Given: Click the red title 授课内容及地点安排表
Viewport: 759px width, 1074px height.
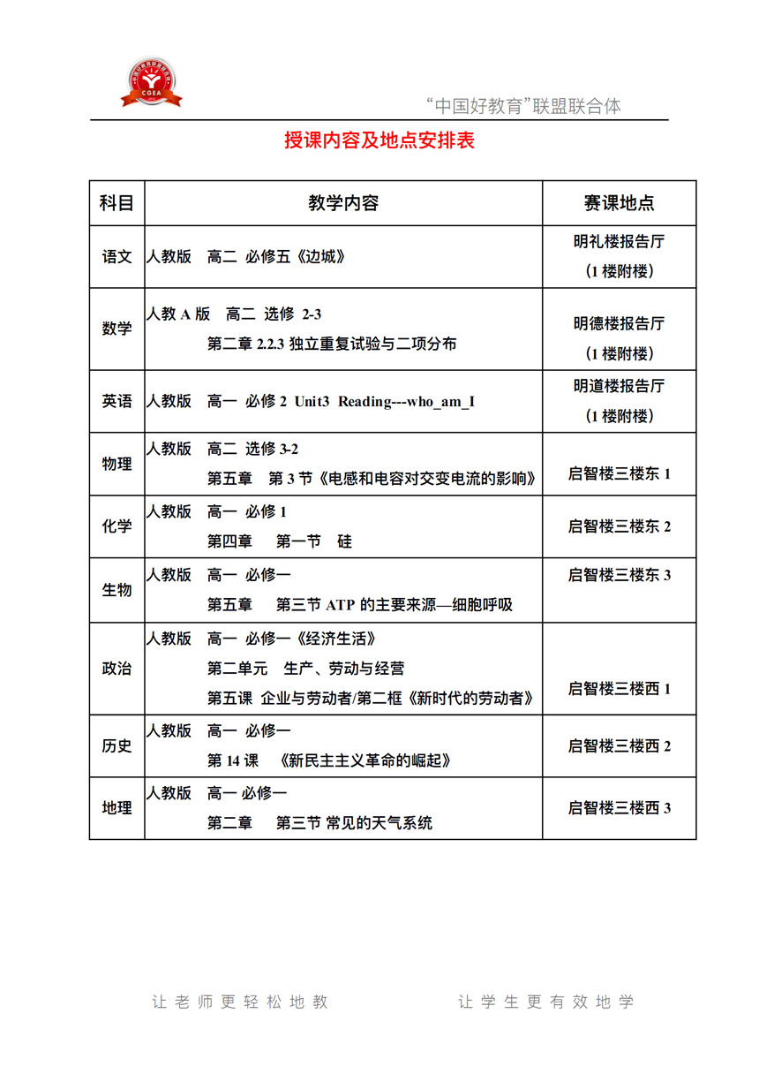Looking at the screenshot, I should coord(379,140).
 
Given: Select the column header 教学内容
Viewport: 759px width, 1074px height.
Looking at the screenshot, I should coord(343,203).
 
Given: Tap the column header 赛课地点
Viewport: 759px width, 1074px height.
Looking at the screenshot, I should coord(619,203).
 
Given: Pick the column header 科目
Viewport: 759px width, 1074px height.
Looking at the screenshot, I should coord(116,203).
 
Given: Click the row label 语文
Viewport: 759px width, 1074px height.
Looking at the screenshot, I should coord(116,257).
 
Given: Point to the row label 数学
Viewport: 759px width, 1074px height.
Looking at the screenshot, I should coord(116,329).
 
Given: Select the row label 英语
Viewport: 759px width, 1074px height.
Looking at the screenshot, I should coord(116,401).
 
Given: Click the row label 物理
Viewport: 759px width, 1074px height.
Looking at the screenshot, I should coord(116,464).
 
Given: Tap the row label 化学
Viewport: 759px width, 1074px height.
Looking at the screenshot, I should coord(116,526).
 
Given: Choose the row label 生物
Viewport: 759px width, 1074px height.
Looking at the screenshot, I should coord(116,589).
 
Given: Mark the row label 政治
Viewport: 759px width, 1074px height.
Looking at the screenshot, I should coord(116,668).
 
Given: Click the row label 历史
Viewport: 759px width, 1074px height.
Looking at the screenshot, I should coord(116,745).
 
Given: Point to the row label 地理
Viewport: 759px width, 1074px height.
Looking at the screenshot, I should coord(116,807).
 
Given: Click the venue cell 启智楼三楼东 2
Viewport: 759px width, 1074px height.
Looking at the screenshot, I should coord(620,526).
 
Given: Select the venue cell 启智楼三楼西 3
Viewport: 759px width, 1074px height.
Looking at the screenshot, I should coord(620,807).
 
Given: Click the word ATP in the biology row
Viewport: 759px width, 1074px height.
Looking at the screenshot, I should coord(341,605).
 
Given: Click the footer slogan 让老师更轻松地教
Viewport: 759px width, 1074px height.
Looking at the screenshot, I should coord(240,1002).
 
